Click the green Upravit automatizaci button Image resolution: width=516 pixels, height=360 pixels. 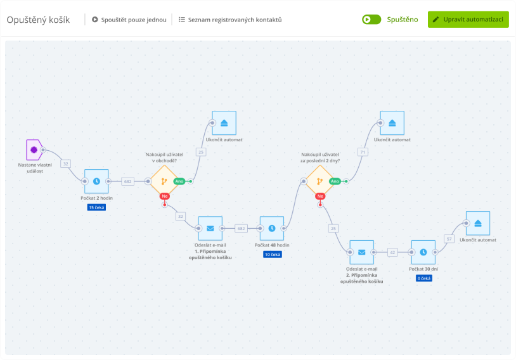point(468,19)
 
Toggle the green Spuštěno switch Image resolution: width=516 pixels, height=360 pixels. point(371,20)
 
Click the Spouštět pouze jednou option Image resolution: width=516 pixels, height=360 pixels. point(129,20)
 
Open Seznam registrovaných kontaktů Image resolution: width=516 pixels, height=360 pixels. point(230,20)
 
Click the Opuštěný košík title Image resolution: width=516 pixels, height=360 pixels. point(38,20)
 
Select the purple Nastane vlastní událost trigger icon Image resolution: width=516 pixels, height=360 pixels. point(34,150)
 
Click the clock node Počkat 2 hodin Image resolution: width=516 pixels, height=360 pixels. point(96,181)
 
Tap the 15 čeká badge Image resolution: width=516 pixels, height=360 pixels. point(96,207)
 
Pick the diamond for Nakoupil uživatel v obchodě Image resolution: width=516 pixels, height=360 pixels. point(164,181)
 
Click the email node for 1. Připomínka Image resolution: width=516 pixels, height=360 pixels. point(210,228)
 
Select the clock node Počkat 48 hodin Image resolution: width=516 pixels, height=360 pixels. point(272,228)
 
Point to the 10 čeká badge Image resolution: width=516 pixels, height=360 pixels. point(272,254)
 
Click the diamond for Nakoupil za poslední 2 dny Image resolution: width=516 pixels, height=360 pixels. point(320,181)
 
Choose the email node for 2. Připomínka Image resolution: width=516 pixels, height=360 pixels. point(362,252)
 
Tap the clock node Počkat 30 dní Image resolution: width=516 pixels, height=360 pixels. point(423,252)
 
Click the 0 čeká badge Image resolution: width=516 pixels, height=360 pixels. point(423,278)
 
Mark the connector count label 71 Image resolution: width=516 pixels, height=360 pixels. point(363,152)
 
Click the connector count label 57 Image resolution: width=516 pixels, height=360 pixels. point(449,239)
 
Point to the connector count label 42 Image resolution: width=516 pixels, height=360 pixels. point(392,252)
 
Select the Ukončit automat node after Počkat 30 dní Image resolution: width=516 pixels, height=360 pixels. point(478,223)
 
